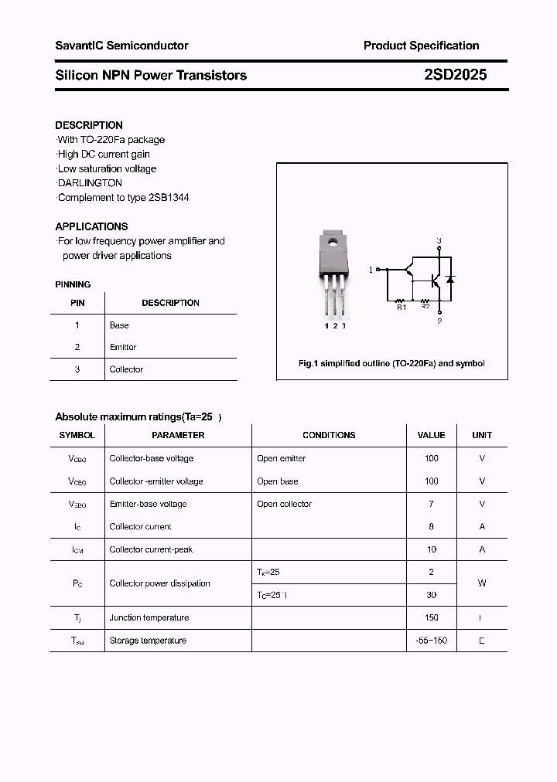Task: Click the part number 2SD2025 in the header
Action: coord(456,75)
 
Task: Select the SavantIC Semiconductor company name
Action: coord(121,46)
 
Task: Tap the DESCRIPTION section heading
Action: coord(89,125)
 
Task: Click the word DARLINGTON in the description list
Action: coord(91,183)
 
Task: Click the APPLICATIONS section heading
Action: coord(91,226)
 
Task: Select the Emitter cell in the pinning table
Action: coord(123,348)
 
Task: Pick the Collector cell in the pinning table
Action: coord(126,369)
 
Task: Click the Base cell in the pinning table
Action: coord(119,325)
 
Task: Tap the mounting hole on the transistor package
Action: coord(334,241)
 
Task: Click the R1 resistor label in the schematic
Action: coord(401,308)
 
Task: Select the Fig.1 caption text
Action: coord(391,363)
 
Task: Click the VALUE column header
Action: coord(431,435)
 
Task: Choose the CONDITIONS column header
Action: coord(329,435)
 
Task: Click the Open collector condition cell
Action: coord(284,504)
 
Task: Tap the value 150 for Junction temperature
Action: coord(431,617)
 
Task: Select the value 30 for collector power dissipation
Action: coord(431,595)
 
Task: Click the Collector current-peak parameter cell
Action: coord(151,549)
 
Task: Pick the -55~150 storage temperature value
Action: coord(431,641)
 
